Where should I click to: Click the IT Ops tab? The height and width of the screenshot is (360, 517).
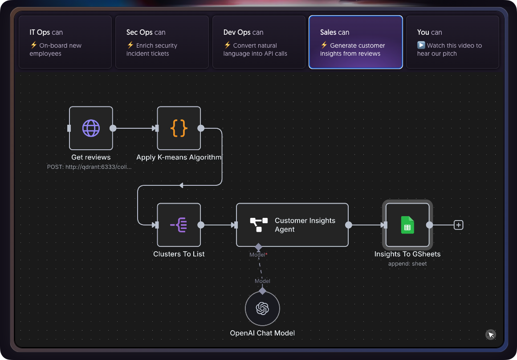click(65, 42)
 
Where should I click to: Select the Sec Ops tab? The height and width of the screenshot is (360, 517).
click(162, 42)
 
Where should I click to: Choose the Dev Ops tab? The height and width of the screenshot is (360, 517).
click(259, 42)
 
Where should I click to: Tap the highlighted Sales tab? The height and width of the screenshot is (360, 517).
click(355, 42)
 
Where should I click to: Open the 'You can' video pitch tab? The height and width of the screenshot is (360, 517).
click(452, 42)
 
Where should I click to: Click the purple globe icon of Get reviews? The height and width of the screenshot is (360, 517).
click(91, 128)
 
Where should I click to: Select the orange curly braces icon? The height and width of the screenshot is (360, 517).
click(179, 128)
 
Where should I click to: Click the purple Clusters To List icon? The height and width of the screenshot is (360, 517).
click(179, 225)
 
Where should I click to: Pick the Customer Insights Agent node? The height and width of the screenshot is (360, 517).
click(292, 225)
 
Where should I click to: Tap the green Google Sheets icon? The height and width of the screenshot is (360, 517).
click(407, 225)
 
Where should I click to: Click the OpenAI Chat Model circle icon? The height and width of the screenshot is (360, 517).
click(262, 309)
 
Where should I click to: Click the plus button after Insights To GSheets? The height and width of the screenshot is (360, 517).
click(459, 225)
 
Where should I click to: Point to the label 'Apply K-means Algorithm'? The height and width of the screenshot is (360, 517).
click(179, 157)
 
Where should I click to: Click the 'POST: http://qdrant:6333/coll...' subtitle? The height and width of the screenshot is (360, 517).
click(90, 167)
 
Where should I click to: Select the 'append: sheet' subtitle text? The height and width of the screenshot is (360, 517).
click(407, 264)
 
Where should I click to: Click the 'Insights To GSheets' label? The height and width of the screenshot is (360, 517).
click(407, 254)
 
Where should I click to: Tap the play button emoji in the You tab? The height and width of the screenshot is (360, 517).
click(421, 45)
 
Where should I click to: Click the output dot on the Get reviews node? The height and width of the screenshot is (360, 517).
click(113, 128)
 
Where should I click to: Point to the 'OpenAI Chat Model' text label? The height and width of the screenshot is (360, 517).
click(262, 333)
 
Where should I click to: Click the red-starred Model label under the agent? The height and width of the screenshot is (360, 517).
click(258, 255)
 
